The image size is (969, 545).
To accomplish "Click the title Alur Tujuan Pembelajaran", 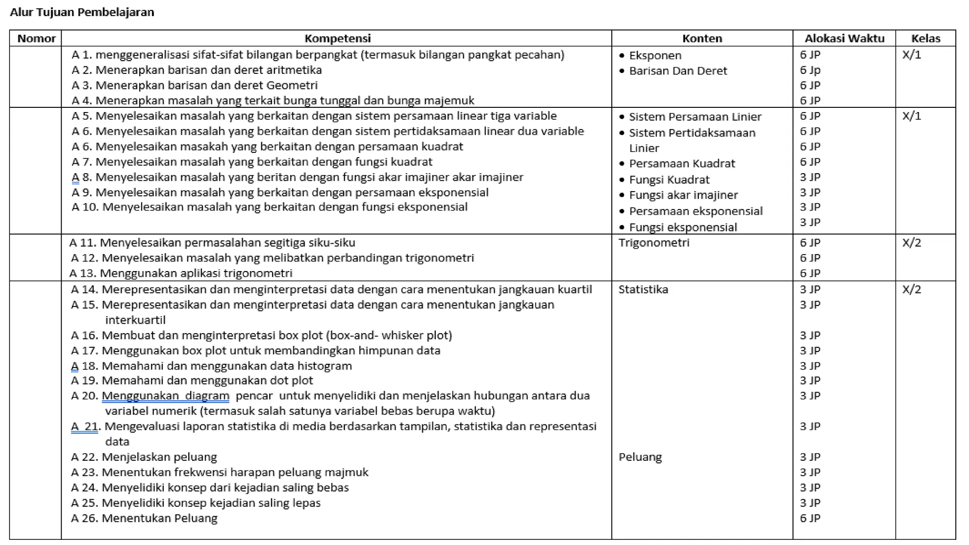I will pyautogui.click(x=82, y=12).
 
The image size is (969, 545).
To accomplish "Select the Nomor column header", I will pyautogui.click(x=36, y=38).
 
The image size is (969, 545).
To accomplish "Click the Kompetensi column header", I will pyautogui.click(x=337, y=38).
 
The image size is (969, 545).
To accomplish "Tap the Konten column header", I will pyautogui.click(x=702, y=38).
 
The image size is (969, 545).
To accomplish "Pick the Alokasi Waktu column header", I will pyautogui.click(x=844, y=38).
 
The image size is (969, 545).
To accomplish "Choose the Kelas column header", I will pyautogui.click(x=925, y=38).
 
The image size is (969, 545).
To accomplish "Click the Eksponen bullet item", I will pyautogui.click(x=655, y=55).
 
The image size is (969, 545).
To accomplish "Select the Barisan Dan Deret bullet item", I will pyautogui.click(x=678, y=71).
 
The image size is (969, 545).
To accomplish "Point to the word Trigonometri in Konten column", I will pyautogui.click(x=653, y=243).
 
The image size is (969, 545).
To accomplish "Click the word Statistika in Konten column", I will pyautogui.click(x=643, y=289).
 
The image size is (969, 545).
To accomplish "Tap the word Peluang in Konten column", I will pyautogui.click(x=640, y=457).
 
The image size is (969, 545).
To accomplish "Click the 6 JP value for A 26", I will pyautogui.click(x=810, y=518).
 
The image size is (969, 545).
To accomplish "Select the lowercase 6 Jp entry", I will pyautogui.click(x=810, y=70).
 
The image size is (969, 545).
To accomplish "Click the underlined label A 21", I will pyautogui.click(x=85, y=426).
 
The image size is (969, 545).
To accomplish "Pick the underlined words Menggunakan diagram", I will pyautogui.click(x=165, y=396).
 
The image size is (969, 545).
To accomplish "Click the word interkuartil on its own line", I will pyautogui.click(x=135, y=320).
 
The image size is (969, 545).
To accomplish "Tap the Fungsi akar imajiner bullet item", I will pyautogui.click(x=683, y=195).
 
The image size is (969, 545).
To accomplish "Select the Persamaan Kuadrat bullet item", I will pyautogui.click(x=681, y=164).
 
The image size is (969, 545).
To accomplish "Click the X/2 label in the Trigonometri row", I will pyautogui.click(x=911, y=243).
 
